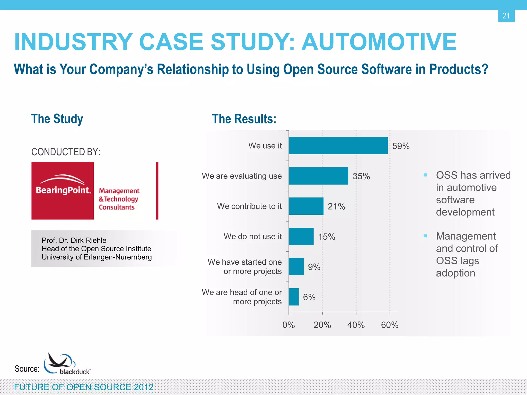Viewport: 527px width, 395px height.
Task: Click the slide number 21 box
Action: click(x=506, y=16)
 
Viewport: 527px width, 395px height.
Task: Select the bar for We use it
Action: click(x=338, y=146)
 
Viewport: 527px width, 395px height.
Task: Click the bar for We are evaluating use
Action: click(x=318, y=176)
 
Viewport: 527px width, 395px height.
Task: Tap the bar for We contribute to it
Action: click(x=306, y=206)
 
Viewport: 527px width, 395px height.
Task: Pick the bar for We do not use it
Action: click(x=301, y=236)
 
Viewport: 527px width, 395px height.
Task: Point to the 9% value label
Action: click(x=314, y=267)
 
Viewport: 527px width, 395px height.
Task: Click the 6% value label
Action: click(x=309, y=297)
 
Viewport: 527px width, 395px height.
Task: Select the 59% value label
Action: click(x=401, y=146)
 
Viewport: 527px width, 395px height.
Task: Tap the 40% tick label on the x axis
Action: click(x=356, y=325)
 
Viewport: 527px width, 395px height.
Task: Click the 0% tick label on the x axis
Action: click(x=288, y=325)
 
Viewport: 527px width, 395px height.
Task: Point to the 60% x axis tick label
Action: click(x=390, y=325)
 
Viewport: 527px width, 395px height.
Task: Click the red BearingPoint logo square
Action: click(x=63, y=191)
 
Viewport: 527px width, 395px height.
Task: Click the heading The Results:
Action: click(x=244, y=119)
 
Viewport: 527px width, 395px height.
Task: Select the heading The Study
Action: click(x=57, y=119)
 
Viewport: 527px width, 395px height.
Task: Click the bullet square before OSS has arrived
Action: click(x=425, y=175)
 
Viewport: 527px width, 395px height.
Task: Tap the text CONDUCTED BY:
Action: click(x=66, y=152)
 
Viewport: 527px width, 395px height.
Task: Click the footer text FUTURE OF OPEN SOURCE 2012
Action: click(x=84, y=387)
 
